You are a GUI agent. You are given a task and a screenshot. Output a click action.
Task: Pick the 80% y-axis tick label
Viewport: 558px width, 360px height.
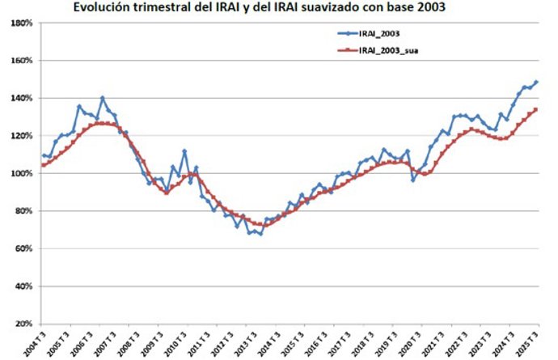tap(23, 211)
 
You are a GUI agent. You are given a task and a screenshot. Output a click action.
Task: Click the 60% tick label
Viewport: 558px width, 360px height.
tap(23, 249)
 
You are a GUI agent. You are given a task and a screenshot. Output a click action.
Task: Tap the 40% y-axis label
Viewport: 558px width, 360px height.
tap(23, 286)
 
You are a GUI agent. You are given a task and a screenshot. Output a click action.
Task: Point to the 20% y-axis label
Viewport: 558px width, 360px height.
tap(23, 324)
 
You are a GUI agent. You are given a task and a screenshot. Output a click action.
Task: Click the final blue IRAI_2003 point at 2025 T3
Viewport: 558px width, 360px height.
tap(536, 82)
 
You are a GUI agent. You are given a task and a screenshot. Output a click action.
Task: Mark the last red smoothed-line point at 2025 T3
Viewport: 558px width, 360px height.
tap(536, 110)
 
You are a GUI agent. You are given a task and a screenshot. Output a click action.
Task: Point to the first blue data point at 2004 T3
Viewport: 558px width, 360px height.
tap(44, 155)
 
